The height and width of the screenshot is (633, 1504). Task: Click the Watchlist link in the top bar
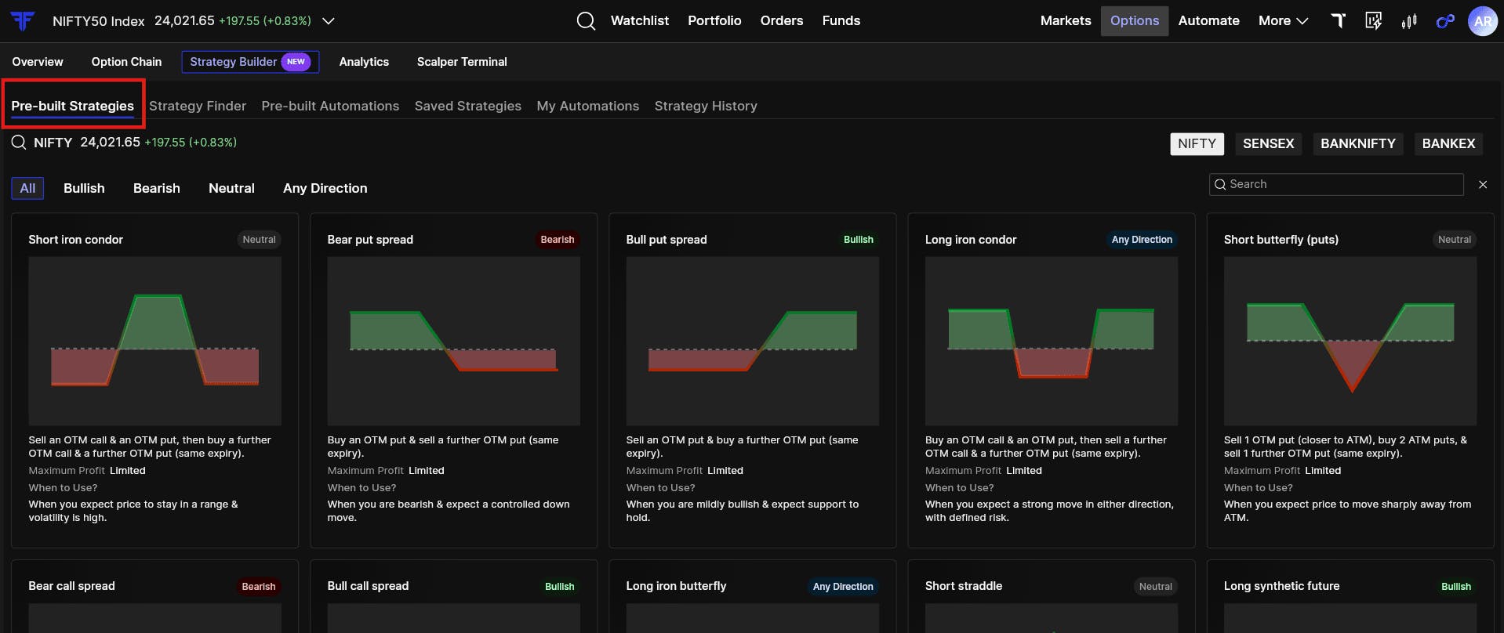click(640, 20)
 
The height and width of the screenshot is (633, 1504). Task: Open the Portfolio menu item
click(714, 20)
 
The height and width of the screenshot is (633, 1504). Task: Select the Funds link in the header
click(841, 20)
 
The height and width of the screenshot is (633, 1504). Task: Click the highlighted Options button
click(1134, 20)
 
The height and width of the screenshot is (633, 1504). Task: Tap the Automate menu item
click(1208, 20)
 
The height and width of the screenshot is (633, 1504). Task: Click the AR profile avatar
click(1482, 21)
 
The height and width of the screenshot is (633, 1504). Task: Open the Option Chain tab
click(126, 62)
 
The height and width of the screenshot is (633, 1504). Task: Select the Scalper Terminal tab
click(462, 62)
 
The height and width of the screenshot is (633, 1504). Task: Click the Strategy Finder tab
click(198, 106)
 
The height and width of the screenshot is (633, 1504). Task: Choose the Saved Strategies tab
click(467, 106)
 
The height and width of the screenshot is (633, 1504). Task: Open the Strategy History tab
click(706, 106)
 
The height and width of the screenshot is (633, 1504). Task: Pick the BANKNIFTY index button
click(1358, 143)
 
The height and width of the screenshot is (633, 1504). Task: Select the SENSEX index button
click(1268, 143)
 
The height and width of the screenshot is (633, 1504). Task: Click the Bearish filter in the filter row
click(157, 188)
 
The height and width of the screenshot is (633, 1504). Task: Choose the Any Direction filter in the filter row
click(325, 188)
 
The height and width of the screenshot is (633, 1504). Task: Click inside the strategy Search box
click(1336, 184)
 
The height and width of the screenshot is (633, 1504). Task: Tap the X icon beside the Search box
click(1483, 185)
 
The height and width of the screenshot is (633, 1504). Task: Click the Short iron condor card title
click(75, 240)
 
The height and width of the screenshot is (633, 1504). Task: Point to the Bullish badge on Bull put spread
click(858, 240)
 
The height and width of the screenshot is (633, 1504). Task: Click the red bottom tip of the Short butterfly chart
click(1352, 391)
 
